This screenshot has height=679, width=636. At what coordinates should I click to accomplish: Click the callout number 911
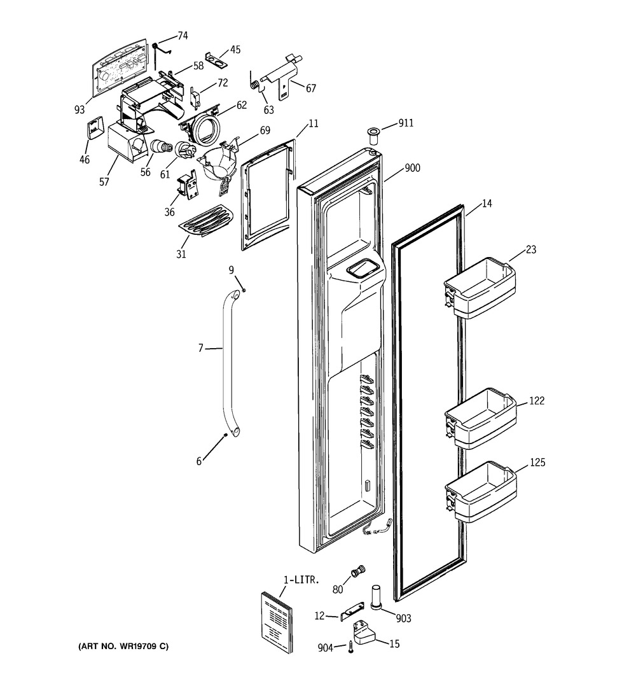click(406, 123)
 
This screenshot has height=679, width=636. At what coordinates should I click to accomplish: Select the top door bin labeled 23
click(478, 287)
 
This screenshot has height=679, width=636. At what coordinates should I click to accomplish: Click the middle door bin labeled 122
click(480, 418)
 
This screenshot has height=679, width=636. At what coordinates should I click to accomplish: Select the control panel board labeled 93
click(121, 69)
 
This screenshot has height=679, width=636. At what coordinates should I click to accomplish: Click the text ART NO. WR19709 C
click(123, 647)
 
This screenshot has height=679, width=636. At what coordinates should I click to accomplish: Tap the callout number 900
click(412, 169)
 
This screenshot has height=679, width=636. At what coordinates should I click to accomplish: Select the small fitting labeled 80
click(359, 569)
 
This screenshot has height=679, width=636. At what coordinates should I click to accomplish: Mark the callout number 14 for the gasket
click(487, 204)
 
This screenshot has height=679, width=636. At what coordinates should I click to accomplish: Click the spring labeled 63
click(254, 83)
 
